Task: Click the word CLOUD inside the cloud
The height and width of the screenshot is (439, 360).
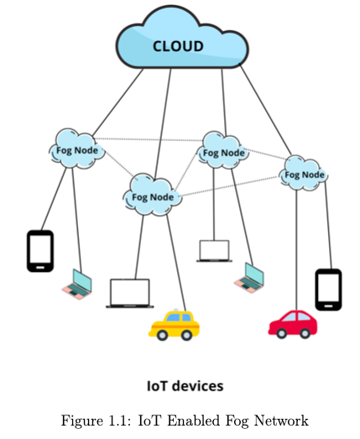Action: (177, 46)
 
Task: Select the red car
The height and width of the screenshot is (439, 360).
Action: (292, 322)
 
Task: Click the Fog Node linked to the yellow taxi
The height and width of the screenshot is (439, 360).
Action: (154, 197)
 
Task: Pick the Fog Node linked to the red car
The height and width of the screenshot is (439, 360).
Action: (303, 175)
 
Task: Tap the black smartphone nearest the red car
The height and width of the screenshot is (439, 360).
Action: (327, 290)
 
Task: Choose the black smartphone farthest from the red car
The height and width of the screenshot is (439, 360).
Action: (40, 251)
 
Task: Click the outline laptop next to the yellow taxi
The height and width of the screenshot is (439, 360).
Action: (130, 293)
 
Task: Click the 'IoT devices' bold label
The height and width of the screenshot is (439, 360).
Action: (185, 386)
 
